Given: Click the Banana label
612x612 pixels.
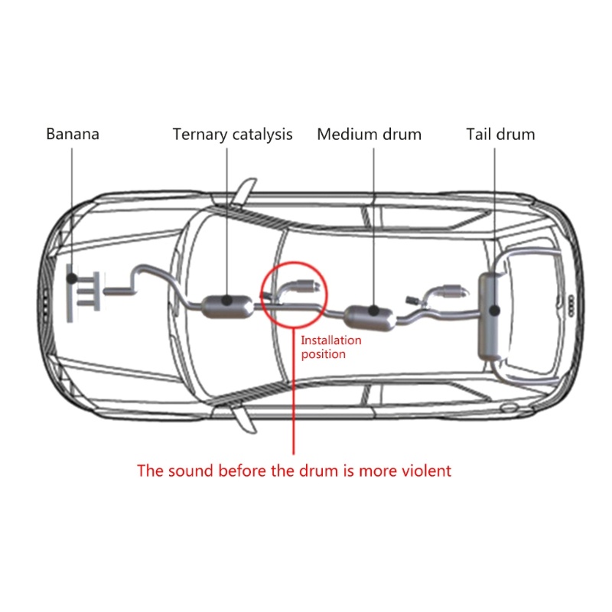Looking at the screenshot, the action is tap(73, 134).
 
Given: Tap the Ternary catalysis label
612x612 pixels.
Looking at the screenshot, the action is tap(233, 135).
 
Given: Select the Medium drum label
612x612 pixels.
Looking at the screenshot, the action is tap(369, 135).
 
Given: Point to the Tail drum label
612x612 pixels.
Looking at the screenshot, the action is tap(501, 135).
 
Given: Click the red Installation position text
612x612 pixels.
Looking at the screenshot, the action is tap(331, 347).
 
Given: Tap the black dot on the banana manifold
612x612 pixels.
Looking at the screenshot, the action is tap(72, 278).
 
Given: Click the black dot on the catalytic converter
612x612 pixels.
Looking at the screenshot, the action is tap(227, 301).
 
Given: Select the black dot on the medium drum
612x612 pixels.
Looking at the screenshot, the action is tap(373, 311).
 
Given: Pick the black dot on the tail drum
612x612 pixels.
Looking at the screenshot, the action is tap(495, 311).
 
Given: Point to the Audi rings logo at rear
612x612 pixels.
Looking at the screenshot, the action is tap(571, 305).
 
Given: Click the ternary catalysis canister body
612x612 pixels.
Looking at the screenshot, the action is tap(227, 307).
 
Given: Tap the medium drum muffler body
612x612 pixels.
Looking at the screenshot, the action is tap(370, 317).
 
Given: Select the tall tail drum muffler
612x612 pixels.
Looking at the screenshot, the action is tap(490, 317).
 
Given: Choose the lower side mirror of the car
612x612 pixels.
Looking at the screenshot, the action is tap(244, 418).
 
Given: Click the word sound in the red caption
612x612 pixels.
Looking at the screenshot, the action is tap(190, 470).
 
